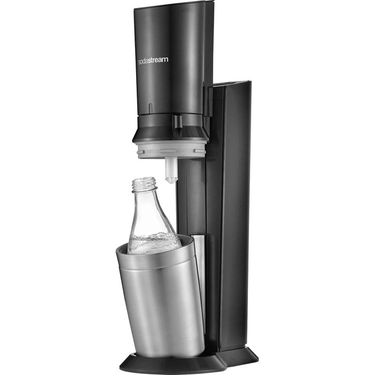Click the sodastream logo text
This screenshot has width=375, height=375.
coord(153,60)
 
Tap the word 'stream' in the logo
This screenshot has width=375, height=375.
coord(157,60)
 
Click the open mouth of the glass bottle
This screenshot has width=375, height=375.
coord(144,179)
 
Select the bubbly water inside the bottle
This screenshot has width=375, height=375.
coord(155,243)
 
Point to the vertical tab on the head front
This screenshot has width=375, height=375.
coord(150,108)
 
